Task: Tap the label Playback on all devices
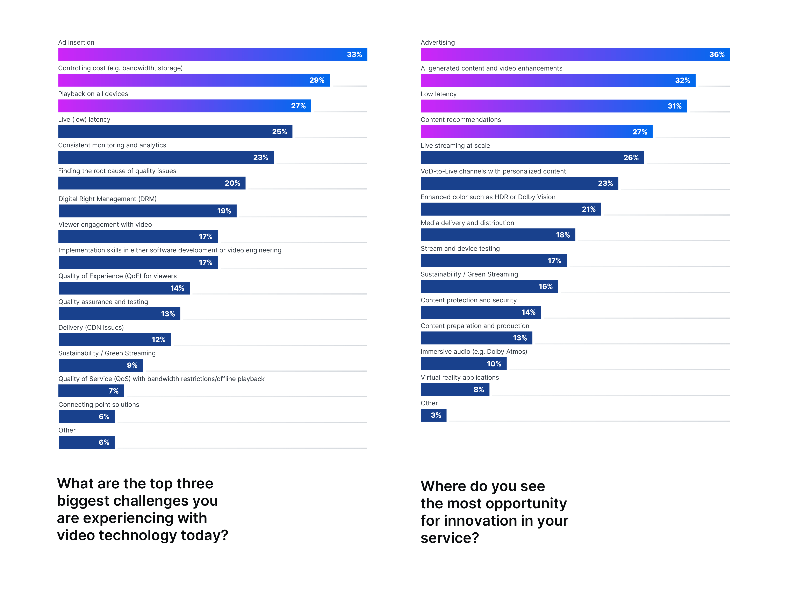pyautogui.click(x=93, y=94)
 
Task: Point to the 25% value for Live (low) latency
pyautogui.click(x=279, y=132)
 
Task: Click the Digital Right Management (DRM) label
pyautogui.click(x=108, y=199)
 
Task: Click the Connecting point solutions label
pyautogui.click(x=99, y=404)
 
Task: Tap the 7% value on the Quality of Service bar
pyautogui.click(x=114, y=391)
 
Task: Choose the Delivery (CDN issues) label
pyautogui.click(x=91, y=327)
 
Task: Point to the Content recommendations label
pyautogui.click(x=461, y=120)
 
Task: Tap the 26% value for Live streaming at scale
pyautogui.click(x=631, y=158)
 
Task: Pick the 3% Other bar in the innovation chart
pyautogui.click(x=433, y=415)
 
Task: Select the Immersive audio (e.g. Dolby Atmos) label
pyautogui.click(x=474, y=351)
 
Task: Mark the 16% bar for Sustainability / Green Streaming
pyautogui.click(x=489, y=287)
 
